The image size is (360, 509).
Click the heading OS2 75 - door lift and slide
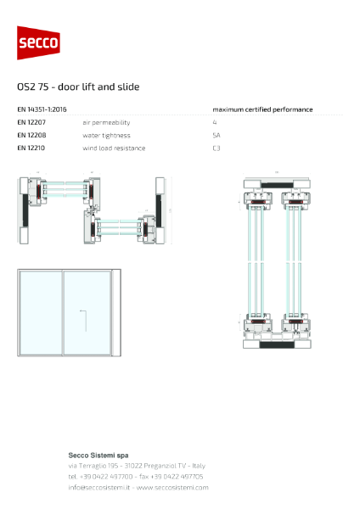point(78,87)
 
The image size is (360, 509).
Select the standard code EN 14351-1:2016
point(42,109)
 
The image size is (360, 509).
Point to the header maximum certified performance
point(262,109)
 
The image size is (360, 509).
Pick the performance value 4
point(215,122)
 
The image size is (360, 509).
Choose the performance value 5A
point(217,135)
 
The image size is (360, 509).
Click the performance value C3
point(217,148)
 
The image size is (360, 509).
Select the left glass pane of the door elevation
point(41,313)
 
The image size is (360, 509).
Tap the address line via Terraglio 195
point(98,465)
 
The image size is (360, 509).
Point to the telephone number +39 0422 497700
point(106,476)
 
